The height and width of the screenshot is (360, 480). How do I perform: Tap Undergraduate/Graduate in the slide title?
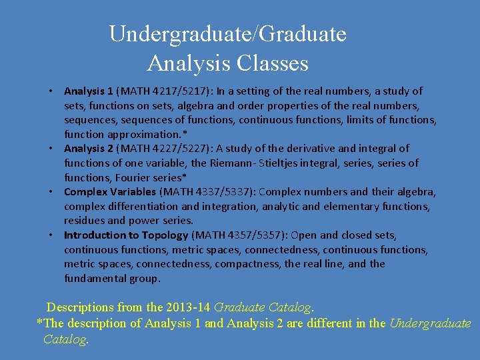(x=227, y=33)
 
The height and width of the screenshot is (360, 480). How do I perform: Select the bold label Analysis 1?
(x=89, y=91)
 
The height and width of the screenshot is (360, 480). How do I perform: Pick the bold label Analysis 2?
(x=89, y=148)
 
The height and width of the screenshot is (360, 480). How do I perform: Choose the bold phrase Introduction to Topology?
(x=126, y=235)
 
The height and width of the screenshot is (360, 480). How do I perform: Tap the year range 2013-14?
(x=190, y=307)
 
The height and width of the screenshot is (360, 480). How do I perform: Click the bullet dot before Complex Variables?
(x=51, y=192)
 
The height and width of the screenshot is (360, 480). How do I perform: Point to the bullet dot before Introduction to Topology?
(x=51, y=235)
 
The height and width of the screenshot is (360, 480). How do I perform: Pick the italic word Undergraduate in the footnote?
(x=430, y=323)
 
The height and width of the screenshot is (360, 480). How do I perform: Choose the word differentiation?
(x=143, y=207)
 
